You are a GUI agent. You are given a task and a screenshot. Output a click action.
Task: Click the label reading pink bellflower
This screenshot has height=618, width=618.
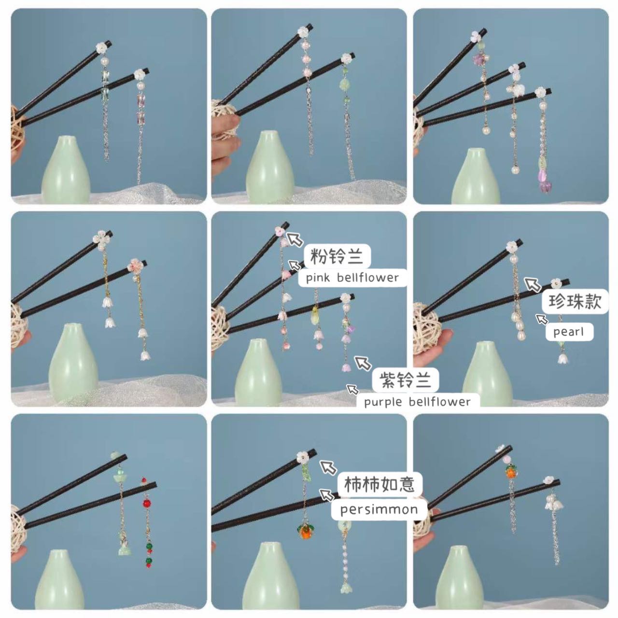point(352,278)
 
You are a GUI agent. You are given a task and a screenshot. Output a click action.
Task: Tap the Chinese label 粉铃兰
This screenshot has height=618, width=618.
point(337,257)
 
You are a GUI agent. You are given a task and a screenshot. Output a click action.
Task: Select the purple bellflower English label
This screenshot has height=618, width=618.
point(417,402)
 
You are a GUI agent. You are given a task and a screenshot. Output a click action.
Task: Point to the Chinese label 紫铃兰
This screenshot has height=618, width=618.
point(406,380)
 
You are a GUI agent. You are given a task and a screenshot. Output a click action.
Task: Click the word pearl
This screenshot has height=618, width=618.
point(569,332)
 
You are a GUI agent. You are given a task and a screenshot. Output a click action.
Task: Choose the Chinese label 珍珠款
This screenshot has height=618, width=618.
point(575,301)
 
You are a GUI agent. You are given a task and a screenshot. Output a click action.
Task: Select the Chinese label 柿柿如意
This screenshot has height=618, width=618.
point(379,484)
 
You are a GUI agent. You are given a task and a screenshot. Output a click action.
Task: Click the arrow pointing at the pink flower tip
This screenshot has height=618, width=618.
point(295,239)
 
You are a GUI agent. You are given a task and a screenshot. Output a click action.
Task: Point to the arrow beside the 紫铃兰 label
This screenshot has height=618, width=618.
point(363,363)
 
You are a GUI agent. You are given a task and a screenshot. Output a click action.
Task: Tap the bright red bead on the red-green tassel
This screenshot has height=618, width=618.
point(147,503)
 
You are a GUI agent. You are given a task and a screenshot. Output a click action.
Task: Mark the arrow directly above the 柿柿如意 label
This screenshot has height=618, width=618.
point(328,467)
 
